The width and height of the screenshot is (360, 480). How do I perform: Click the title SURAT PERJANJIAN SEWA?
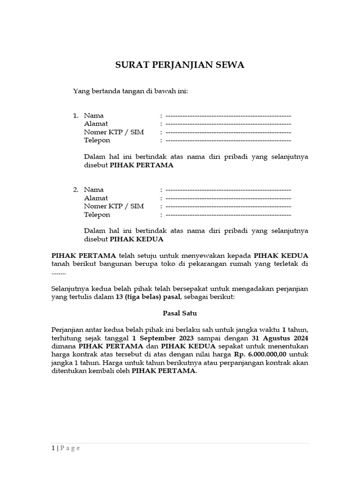coord(180,65)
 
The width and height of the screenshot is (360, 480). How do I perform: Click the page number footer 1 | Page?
coord(66,448)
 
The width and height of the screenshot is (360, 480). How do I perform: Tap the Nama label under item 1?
coord(94,115)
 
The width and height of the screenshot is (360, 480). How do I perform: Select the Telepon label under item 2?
coord(97,215)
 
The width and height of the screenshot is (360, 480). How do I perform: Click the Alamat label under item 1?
coord(96,124)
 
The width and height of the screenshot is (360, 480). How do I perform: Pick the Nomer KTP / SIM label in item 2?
coord(114,206)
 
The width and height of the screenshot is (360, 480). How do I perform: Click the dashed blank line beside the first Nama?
coord(228,115)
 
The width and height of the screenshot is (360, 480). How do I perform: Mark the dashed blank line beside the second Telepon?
coord(228,215)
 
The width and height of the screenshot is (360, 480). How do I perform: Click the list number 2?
coord(75,190)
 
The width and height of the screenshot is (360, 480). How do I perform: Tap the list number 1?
coord(75,115)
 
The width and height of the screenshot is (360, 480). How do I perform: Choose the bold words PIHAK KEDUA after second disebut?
coord(136,239)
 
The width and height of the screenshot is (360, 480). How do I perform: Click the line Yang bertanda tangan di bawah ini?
coord(130,91)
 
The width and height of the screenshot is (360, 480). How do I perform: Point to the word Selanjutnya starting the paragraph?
coord(70,288)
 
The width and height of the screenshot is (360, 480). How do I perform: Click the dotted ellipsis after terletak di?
coord(59,273)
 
